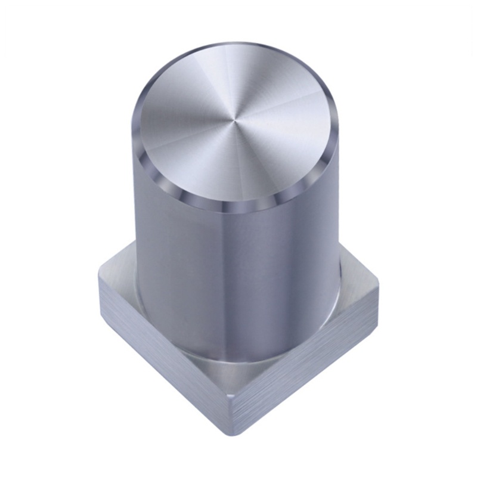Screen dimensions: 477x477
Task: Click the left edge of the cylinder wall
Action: tap(135, 209)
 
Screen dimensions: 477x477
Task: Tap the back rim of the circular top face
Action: tap(238, 45)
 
